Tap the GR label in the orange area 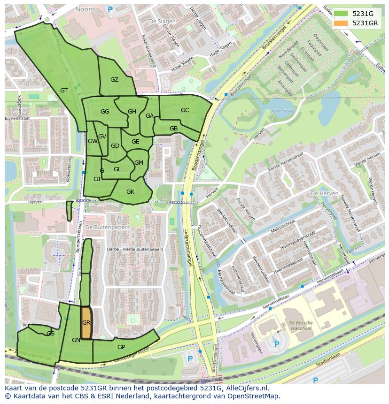[x=86, y=323]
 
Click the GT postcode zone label [x=64, y=91]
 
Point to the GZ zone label [x=114, y=80]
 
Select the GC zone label [x=185, y=110]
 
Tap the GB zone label [x=173, y=129]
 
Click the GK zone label [x=130, y=191]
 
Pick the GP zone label [x=121, y=347]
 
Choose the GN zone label [x=76, y=340]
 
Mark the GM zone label [x=139, y=163]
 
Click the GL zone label [x=117, y=169]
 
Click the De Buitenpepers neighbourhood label [x=108, y=227]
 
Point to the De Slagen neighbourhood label [x=159, y=22]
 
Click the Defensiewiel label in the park [x=282, y=111]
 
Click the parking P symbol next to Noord [x=110, y=8]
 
